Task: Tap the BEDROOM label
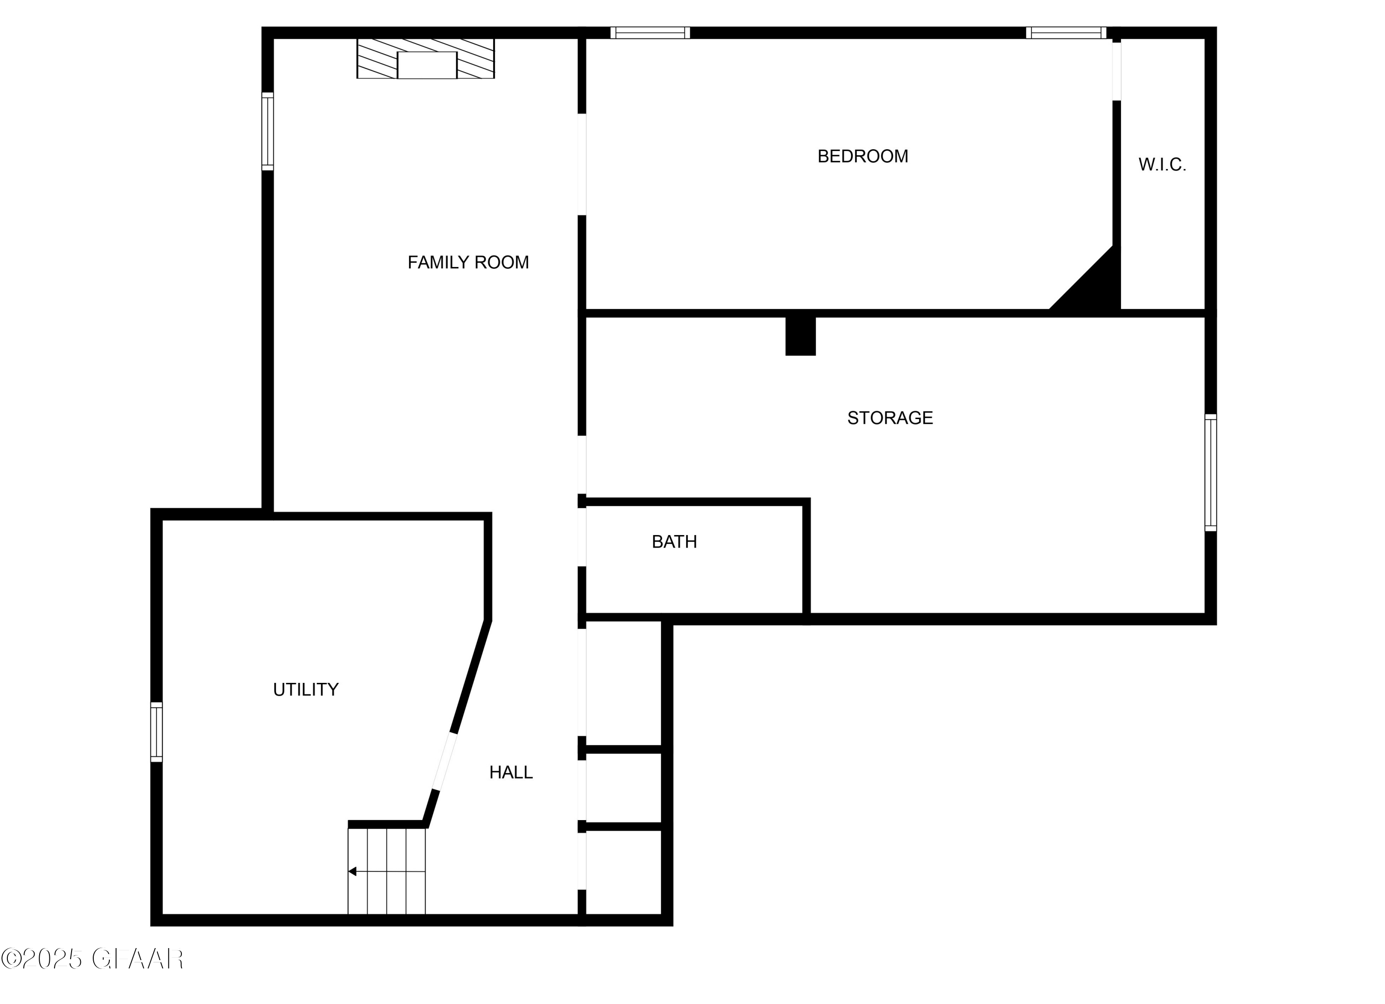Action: coord(862,157)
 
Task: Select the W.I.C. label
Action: coord(1162,164)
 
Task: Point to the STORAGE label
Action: coord(890,418)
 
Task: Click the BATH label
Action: coord(674,542)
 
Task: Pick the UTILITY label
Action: coord(305,690)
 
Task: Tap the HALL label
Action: coord(511,773)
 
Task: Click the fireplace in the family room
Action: coord(426,59)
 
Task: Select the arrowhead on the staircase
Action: coord(352,871)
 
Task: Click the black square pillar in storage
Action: coord(800,336)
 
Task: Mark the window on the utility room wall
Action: coord(157,732)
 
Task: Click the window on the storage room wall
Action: coord(1210,472)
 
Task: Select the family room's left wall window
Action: coord(267,131)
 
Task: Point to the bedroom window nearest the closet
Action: coord(1066,33)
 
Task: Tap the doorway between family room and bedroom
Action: coord(582,164)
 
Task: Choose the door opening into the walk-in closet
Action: coord(1116,71)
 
